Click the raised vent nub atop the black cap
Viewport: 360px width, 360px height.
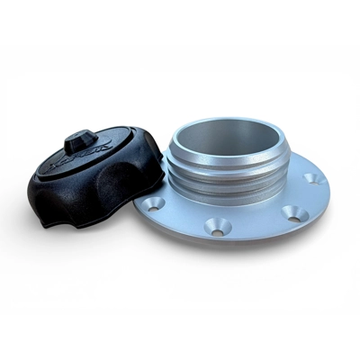[x=80, y=140]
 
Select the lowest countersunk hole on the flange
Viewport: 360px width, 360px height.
[x=216, y=227]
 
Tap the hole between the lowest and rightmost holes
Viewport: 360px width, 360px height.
[x=289, y=212]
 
